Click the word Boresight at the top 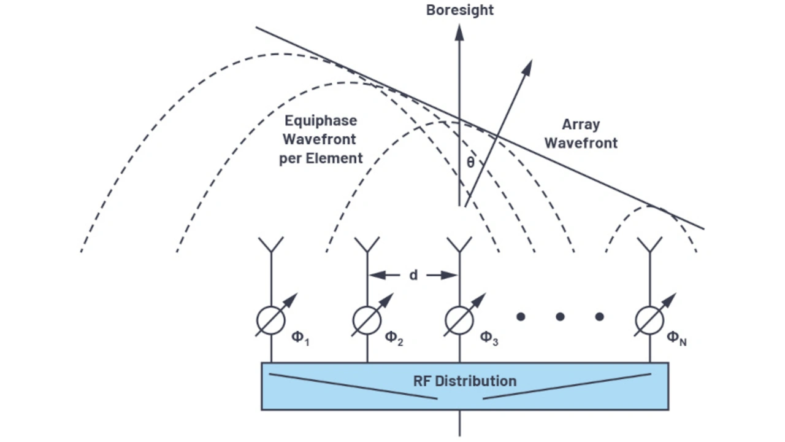point(460,10)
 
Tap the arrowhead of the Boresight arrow point(459,32)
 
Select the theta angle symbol point(470,162)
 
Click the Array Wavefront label point(581,134)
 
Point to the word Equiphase point(321,121)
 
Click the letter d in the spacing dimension point(413,275)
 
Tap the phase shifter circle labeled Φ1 point(270,320)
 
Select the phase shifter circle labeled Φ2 point(367,320)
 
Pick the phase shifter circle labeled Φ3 point(459,320)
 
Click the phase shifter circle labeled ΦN point(649,320)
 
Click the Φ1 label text point(301,338)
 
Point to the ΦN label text point(676,338)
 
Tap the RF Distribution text point(465,381)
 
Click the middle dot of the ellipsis point(560,317)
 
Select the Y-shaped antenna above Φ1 point(271,245)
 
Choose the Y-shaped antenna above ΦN point(650,245)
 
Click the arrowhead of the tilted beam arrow point(527,67)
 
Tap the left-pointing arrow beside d point(384,275)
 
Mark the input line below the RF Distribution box point(460,423)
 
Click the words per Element point(321,158)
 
